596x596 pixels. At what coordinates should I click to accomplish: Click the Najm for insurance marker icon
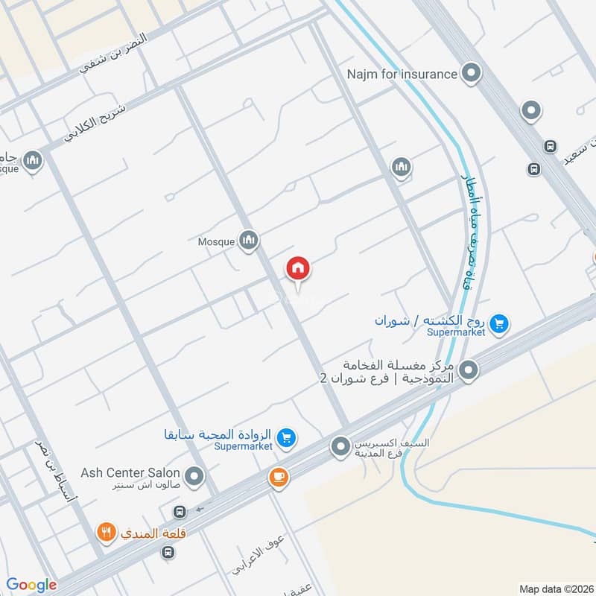tap(470, 74)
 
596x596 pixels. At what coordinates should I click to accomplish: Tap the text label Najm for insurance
tap(402, 74)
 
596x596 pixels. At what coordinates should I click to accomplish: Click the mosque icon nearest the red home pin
tap(249, 240)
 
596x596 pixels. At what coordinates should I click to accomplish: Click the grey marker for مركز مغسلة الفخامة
tap(469, 369)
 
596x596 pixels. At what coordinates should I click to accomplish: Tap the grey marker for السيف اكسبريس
tap(340, 447)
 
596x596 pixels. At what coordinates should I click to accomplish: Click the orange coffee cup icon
tap(279, 478)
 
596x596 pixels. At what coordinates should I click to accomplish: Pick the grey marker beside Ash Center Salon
tap(194, 475)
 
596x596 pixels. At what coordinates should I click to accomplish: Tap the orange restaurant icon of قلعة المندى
tap(107, 533)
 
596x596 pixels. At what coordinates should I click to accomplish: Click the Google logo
tap(31, 585)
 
